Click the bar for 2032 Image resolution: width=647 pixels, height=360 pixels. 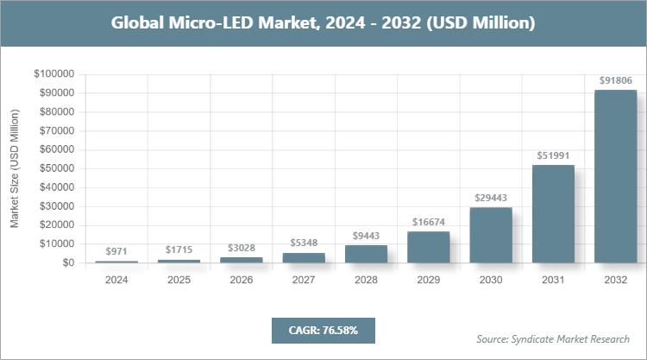(x=616, y=176)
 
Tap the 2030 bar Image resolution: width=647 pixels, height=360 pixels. (x=491, y=235)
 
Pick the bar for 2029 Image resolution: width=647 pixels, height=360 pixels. (x=429, y=247)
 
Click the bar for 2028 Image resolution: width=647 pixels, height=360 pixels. (x=366, y=254)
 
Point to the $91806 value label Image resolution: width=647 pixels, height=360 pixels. (x=616, y=80)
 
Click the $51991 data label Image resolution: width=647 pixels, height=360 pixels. (x=553, y=155)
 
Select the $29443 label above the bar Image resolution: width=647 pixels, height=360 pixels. (x=491, y=198)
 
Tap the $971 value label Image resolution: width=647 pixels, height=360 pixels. (x=116, y=251)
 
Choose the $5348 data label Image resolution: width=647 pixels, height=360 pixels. (x=304, y=243)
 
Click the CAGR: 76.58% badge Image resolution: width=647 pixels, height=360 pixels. (x=323, y=330)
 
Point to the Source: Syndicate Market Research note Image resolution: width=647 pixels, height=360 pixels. (x=553, y=338)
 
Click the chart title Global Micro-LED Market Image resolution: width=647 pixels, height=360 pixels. (x=323, y=23)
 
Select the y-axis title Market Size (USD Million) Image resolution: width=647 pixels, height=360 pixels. (x=15, y=169)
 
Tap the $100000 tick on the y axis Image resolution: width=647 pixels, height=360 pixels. (x=53, y=74)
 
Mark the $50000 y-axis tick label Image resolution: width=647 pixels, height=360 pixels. (x=56, y=168)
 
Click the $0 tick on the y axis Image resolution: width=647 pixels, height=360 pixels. (x=66, y=262)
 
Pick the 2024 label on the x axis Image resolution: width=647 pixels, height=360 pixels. (x=116, y=281)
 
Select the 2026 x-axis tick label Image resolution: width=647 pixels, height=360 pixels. (x=242, y=281)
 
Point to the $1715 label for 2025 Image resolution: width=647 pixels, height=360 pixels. (x=179, y=249)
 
